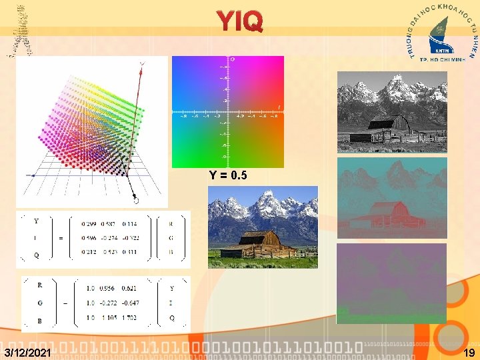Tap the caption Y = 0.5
[x=228, y=176]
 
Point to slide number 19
[x=469, y=352]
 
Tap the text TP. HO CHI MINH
[x=441, y=59]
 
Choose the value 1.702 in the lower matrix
[x=130, y=317]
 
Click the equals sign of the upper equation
[x=61, y=238]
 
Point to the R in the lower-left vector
[x=40, y=285]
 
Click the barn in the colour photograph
[x=261, y=243]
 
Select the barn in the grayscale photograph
[x=390, y=127]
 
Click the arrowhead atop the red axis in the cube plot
[x=142, y=63]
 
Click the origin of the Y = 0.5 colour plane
[x=227, y=111]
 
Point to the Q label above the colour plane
[x=232, y=60]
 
